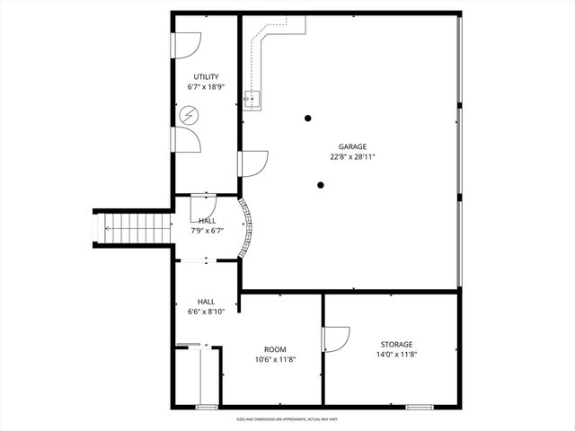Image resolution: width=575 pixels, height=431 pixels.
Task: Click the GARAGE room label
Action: point(352,146)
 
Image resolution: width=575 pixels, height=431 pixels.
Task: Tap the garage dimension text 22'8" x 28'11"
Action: point(352,156)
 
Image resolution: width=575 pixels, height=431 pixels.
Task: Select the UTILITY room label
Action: point(206,77)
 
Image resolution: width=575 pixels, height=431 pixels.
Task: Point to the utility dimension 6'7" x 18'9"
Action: point(206,87)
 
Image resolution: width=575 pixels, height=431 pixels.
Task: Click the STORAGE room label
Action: point(395,344)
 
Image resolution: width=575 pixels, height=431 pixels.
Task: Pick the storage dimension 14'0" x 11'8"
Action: point(395,354)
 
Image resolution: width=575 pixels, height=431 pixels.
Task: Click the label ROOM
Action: point(274,349)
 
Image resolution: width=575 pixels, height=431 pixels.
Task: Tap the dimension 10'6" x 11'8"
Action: point(274,359)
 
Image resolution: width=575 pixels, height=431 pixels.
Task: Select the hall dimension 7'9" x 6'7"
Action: point(207,231)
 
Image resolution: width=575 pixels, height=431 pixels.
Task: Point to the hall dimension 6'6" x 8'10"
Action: point(206,312)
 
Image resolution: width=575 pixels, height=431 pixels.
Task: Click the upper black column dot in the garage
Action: point(308,118)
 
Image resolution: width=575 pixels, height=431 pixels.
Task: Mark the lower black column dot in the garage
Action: point(321,186)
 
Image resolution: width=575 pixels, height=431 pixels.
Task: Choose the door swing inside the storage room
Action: point(334,339)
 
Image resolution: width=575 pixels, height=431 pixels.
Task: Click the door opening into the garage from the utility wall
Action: point(252,163)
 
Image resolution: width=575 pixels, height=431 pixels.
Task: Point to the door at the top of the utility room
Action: point(187,45)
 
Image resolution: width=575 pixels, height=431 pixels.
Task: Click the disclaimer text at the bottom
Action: point(287,418)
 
